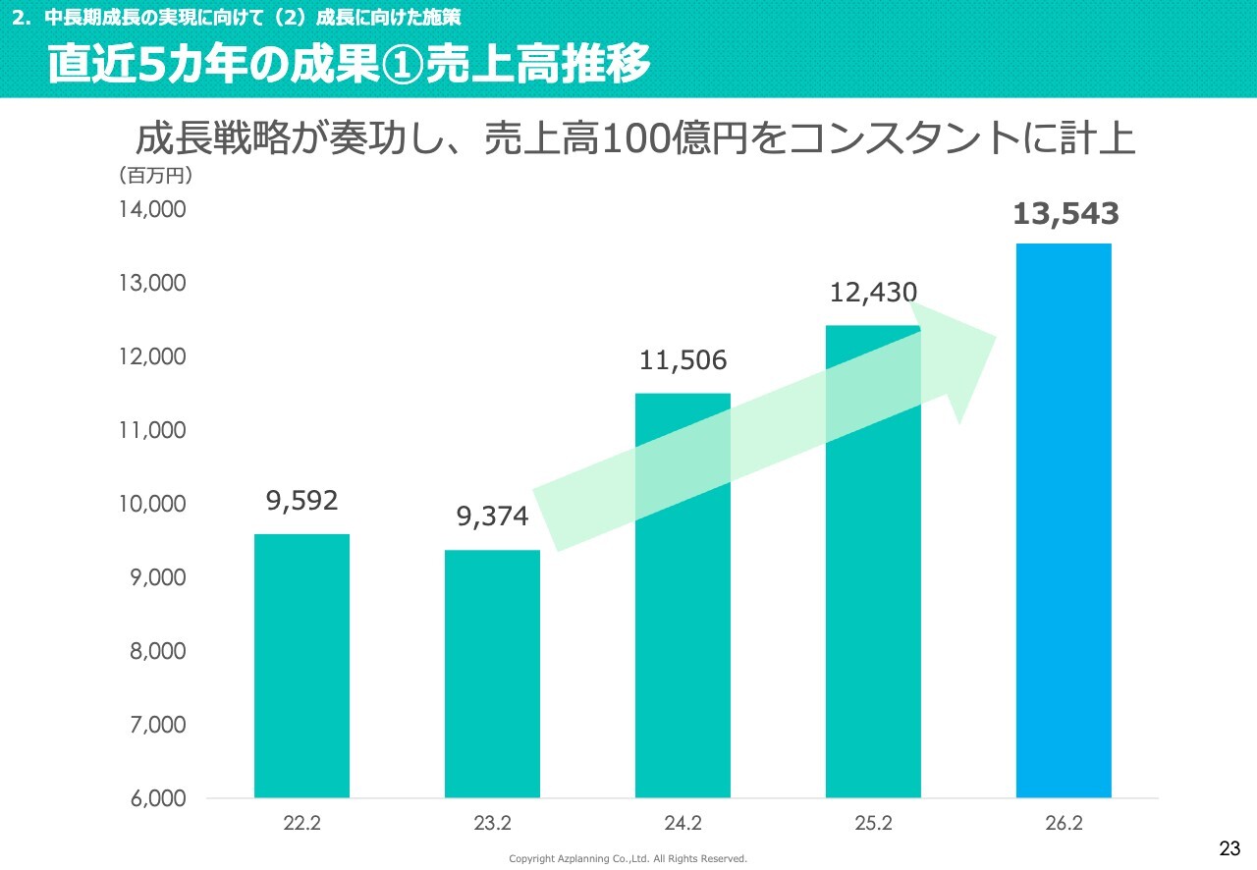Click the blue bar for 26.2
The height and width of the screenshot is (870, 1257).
(1064, 520)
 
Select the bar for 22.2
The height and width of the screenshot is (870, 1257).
(301, 666)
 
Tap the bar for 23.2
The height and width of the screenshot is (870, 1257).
(492, 674)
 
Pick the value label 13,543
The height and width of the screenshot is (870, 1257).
(1066, 213)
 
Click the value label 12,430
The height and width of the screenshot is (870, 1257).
(873, 292)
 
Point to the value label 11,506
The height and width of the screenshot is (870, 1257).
(683, 360)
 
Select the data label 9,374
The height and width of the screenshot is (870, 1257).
(492, 517)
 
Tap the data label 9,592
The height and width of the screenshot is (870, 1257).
(301, 501)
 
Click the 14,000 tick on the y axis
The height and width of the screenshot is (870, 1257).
(153, 209)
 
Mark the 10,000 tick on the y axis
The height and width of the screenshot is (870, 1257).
(153, 504)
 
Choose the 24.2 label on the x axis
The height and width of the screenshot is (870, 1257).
(683, 823)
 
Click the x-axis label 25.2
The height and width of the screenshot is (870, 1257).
(873, 823)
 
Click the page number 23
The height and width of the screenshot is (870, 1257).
(1230, 848)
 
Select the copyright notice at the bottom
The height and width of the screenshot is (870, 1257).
(628, 858)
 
